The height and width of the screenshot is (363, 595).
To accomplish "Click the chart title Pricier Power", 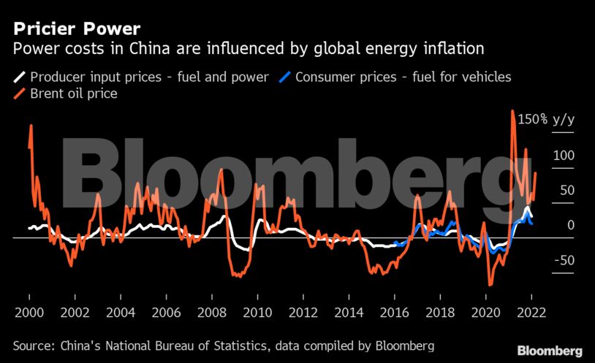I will (x=74, y=28).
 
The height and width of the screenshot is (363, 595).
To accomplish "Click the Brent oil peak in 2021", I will (x=512, y=112).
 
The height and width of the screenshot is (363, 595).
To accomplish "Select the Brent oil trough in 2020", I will (x=490, y=284).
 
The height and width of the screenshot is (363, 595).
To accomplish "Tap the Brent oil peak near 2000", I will (x=31, y=126).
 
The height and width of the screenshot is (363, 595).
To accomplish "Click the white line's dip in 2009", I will (x=246, y=249).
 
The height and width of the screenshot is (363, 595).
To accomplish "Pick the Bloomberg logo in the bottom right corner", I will (x=549, y=351).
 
